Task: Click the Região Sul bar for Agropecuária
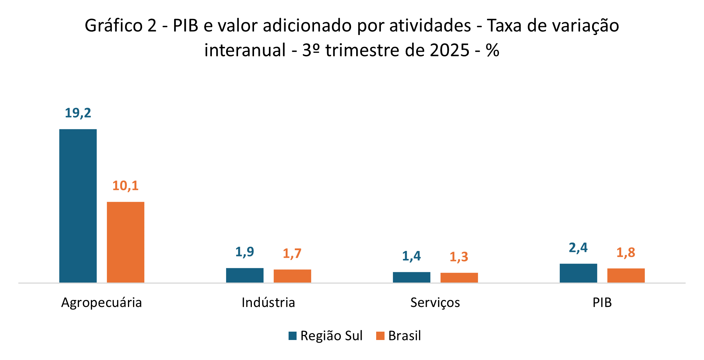(78, 205)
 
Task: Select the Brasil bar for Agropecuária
(125, 242)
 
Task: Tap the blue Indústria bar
(245, 275)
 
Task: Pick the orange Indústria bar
(292, 276)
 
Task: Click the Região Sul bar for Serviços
(411, 277)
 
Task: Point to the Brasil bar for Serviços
(459, 277)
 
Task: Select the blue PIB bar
(578, 273)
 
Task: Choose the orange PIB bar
(626, 275)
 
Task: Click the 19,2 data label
(78, 113)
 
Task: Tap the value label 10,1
(125, 186)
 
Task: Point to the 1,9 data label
(245, 252)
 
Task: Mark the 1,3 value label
(459, 257)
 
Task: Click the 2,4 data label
(578, 248)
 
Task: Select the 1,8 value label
(626, 252)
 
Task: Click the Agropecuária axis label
(101, 303)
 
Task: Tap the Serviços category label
(435, 303)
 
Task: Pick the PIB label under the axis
(602, 303)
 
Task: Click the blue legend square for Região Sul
(293, 336)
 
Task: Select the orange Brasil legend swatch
(380, 336)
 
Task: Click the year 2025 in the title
(450, 50)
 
